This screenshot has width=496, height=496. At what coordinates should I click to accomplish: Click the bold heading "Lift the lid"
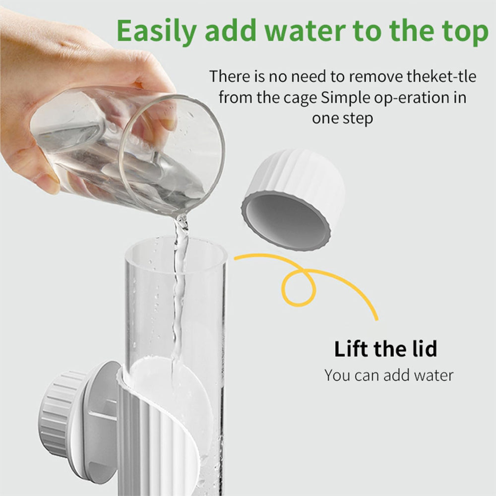coord(385,349)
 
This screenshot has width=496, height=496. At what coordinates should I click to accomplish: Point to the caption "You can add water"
coord(389,375)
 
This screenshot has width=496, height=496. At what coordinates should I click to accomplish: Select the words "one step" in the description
coord(342,118)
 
